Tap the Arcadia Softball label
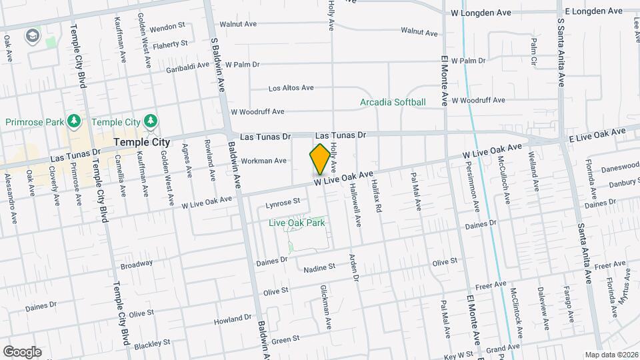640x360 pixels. [393, 102]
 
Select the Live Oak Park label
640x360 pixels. [297, 223]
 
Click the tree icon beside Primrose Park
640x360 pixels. [75, 121]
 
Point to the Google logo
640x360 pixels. [22, 351]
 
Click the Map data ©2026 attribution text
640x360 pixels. [611, 354]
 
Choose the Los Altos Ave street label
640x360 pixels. [291, 88]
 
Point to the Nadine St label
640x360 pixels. [318, 267]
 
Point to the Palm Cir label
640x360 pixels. [533, 47]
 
